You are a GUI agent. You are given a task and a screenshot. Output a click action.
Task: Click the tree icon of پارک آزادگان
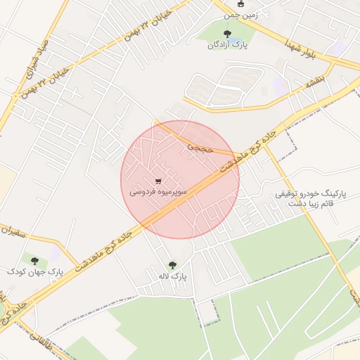click(x=226, y=33)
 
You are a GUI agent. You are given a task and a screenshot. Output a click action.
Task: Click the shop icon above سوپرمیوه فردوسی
click(x=157, y=181)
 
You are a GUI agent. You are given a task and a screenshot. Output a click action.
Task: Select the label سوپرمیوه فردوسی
click(x=158, y=191)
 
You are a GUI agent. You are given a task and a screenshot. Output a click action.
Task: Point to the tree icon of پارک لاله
click(x=172, y=266)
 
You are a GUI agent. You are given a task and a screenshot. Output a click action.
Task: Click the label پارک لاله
click(x=173, y=277)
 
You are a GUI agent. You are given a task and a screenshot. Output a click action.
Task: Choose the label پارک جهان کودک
click(x=35, y=271)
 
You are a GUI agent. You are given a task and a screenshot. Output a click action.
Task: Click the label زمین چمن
click(x=236, y=14)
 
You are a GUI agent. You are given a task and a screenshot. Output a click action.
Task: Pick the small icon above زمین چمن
click(x=240, y=4)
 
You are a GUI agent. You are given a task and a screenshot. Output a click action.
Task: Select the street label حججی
click(x=198, y=147)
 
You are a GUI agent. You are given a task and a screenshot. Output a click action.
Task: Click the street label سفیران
click(x=15, y=230)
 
